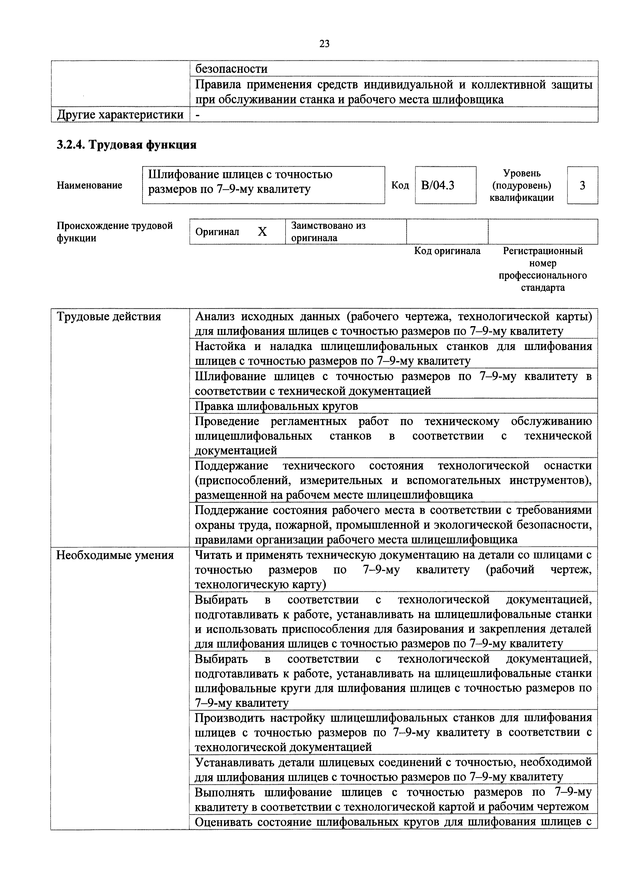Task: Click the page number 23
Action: click(x=324, y=44)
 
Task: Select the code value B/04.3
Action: click(x=437, y=185)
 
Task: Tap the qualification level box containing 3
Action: click(x=582, y=185)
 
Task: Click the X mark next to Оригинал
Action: click(x=262, y=232)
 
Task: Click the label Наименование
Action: click(x=90, y=185)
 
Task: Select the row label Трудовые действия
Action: click(x=109, y=317)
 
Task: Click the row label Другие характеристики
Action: click(x=120, y=115)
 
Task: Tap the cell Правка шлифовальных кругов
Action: click(x=276, y=406)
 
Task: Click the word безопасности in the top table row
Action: click(x=231, y=69)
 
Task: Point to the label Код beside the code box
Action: click(x=400, y=185)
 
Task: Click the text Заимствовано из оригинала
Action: click(x=328, y=232)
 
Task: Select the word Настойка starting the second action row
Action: click(x=220, y=346)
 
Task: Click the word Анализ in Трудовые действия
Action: click(x=216, y=317)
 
